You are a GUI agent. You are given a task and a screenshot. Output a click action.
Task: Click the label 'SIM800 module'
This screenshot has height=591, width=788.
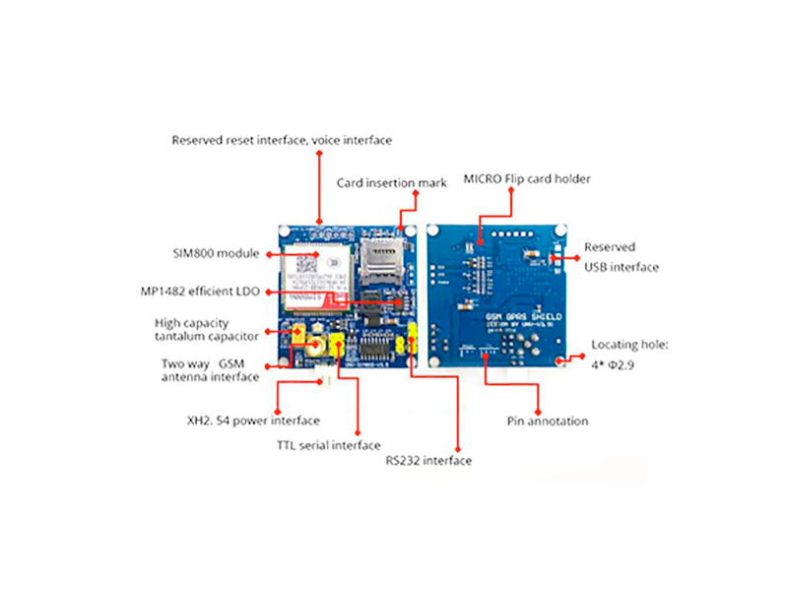216,253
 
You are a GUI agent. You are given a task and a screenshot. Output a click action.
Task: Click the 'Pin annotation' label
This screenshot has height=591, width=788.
547,421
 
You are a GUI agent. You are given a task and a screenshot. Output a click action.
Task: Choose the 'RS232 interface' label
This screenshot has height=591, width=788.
427,460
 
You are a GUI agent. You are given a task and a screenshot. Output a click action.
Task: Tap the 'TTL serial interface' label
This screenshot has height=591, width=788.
328,445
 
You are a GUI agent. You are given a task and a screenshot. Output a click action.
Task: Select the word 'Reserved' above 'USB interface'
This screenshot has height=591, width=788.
610,247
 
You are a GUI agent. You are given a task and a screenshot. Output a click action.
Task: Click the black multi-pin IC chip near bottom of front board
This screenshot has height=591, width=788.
376,347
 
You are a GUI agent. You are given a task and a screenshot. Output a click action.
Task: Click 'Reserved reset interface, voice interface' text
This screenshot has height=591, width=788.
282,140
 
